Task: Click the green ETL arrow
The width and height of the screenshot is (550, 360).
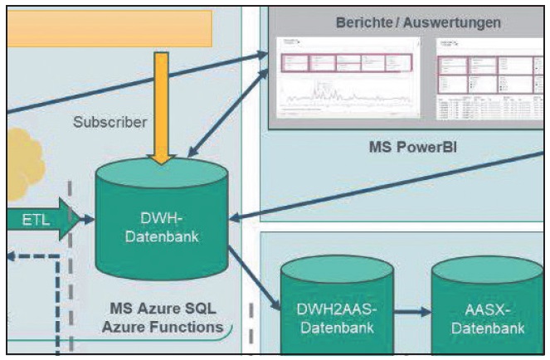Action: pos(41,220)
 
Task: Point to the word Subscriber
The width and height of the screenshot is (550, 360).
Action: pos(110,122)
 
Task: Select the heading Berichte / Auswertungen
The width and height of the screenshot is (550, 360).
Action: pos(418,22)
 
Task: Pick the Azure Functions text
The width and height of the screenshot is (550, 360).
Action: pos(163,327)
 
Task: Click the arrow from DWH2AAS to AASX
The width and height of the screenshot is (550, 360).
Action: pos(412,313)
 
